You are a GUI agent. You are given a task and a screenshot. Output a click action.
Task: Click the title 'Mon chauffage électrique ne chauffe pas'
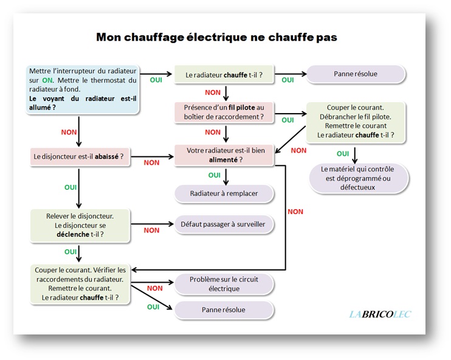[217, 37]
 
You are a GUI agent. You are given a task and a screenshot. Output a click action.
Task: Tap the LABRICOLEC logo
[380, 314]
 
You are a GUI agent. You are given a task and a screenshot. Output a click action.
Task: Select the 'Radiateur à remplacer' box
[224, 193]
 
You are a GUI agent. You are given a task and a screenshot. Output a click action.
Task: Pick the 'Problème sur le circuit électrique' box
[224, 284]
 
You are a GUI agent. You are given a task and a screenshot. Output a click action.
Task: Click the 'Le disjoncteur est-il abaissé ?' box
[78, 156]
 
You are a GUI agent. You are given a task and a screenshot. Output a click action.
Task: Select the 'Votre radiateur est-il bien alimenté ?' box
[224, 155]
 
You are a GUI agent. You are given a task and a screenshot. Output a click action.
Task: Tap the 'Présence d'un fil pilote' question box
[224, 112]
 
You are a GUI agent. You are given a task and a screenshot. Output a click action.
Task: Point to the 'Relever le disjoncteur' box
[80, 225]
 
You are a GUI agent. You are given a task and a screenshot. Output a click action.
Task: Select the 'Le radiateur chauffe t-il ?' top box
[224, 75]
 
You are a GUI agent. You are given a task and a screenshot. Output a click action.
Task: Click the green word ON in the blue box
[48, 80]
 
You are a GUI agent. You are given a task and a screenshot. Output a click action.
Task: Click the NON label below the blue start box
[69, 131]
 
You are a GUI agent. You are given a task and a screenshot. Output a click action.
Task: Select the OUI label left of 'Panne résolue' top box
[287, 80]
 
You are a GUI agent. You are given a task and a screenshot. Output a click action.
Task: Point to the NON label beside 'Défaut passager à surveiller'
[151, 230]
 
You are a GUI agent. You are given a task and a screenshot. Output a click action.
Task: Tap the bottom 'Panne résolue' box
[224, 310]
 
